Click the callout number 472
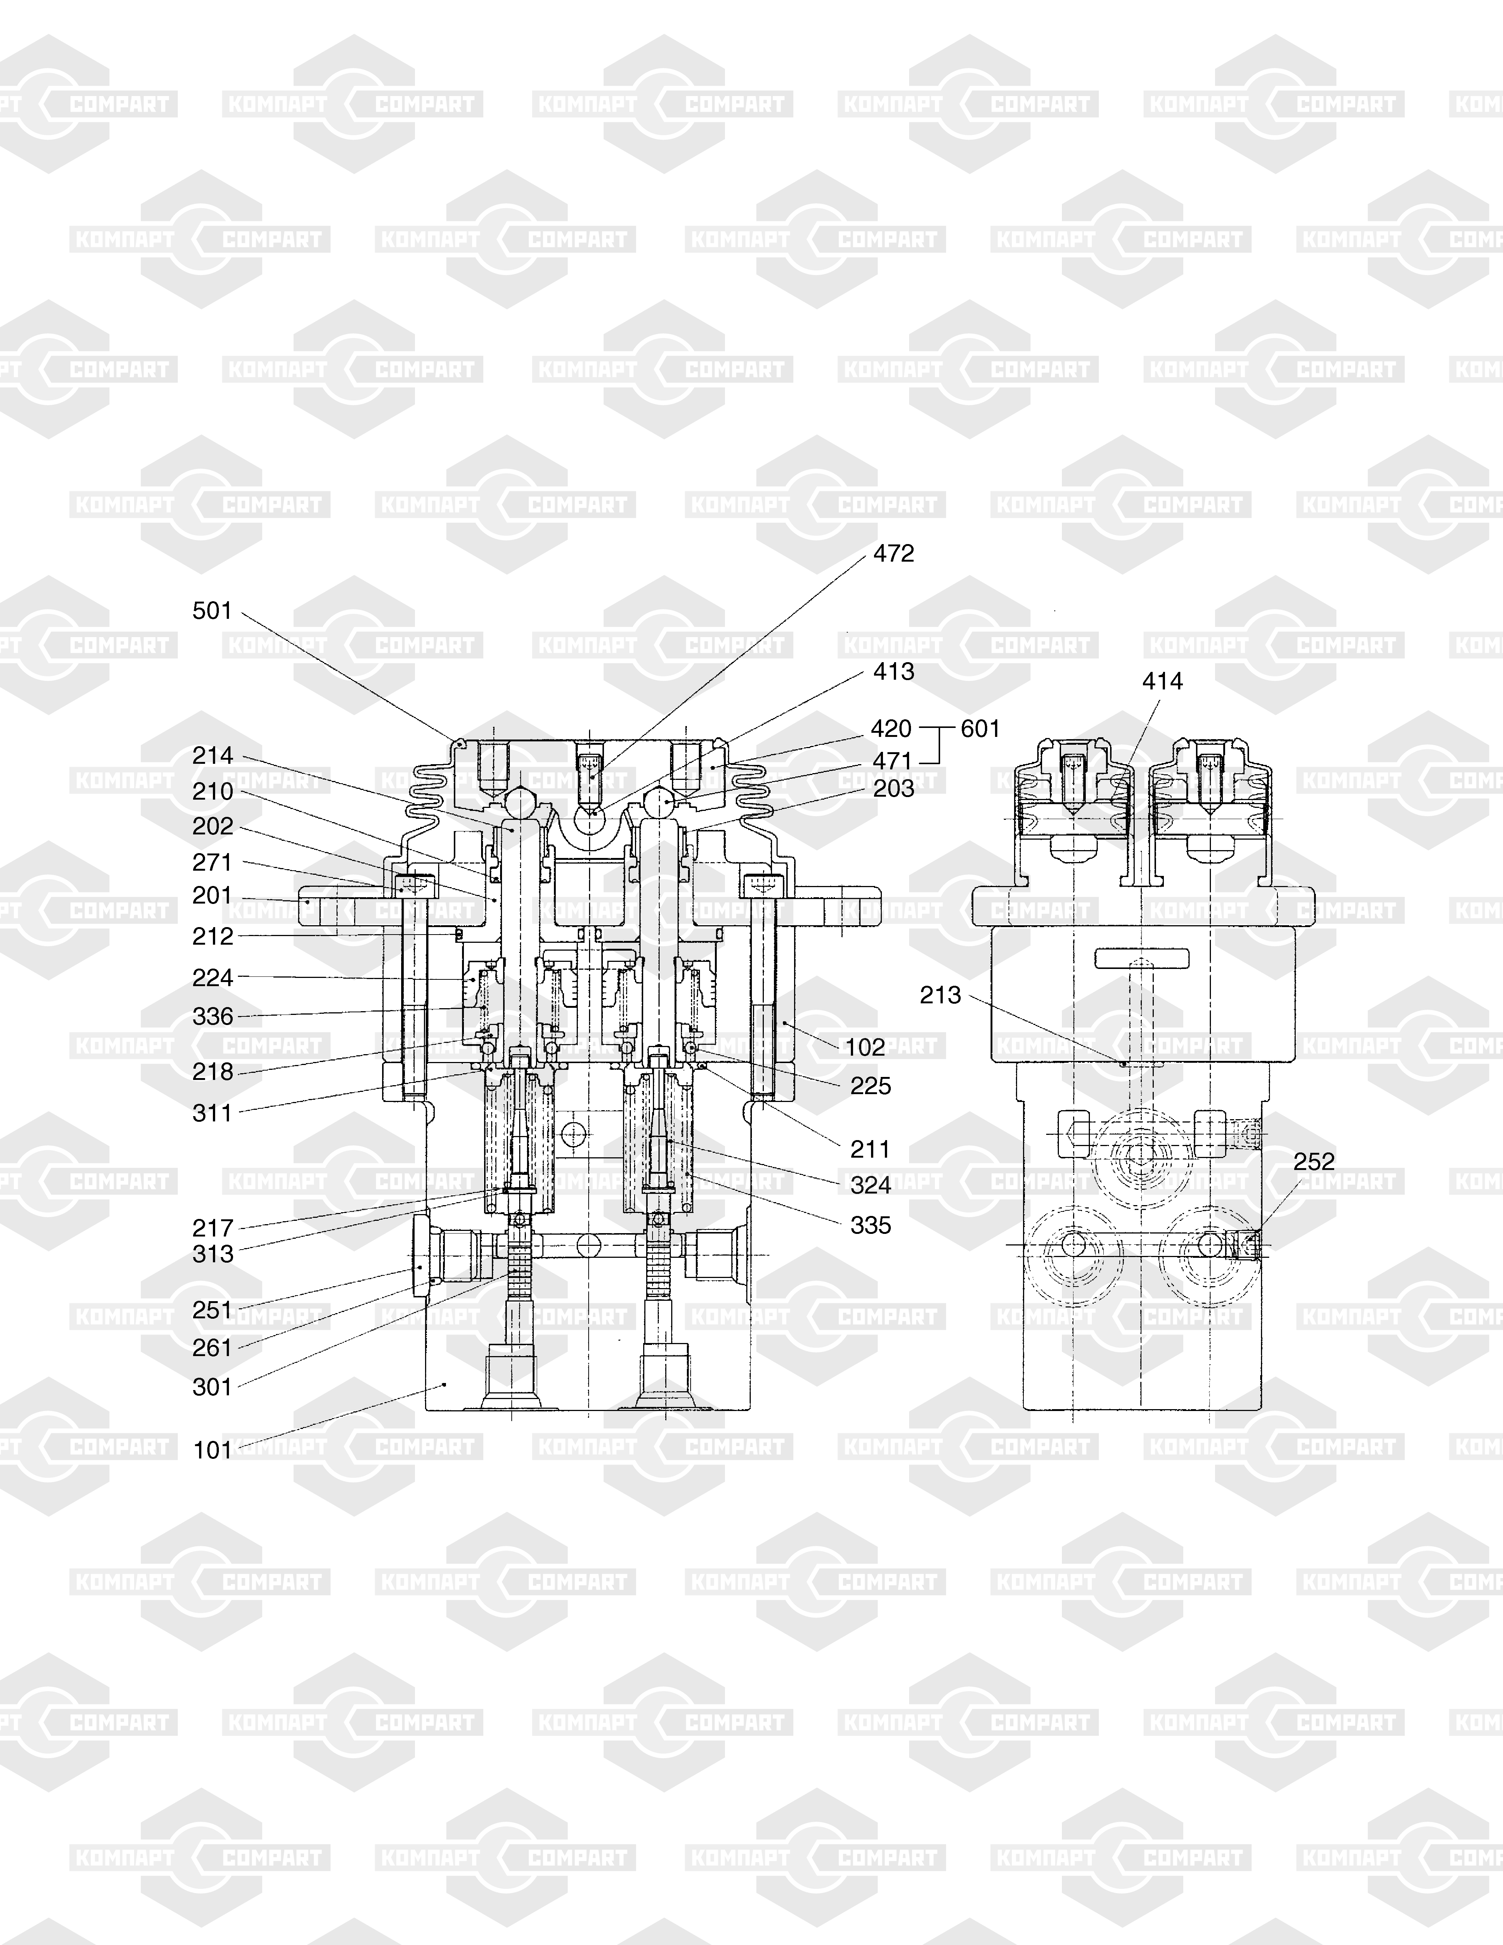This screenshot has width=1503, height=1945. [893, 554]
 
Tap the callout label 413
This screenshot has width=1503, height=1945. [893, 672]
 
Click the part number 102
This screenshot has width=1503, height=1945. [865, 1047]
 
